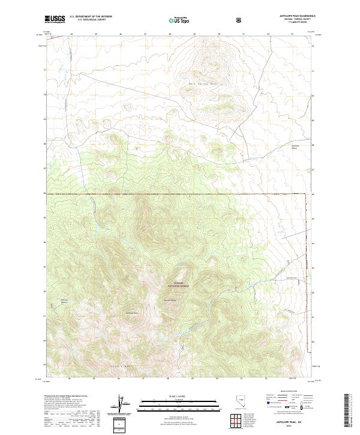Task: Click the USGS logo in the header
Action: pyautogui.click(x=54, y=20)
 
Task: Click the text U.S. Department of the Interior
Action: pyautogui.click(x=91, y=17)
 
